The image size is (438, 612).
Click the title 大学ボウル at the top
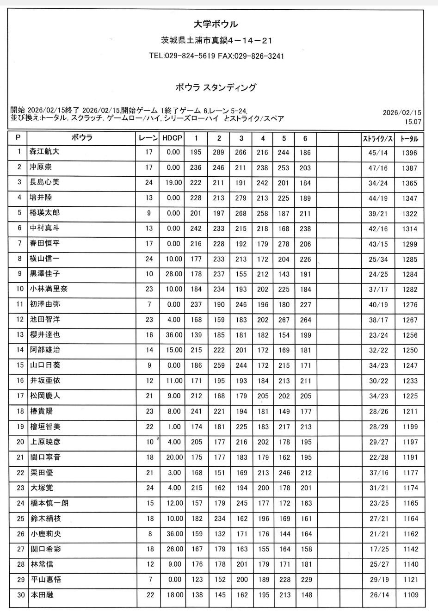tap(216, 25)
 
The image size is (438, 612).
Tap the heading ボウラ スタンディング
tap(216, 87)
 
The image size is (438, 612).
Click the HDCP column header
tap(173, 138)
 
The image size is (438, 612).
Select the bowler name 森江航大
tap(45, 152)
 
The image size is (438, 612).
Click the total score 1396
tap(409, 153)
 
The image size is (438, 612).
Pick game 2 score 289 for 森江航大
tap(219, 153)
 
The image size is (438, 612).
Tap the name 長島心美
tap(45, 182)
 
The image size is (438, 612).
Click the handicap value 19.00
tap(173, 183)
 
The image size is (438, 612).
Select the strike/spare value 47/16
tap(378, 168)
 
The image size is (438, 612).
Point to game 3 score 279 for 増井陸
tap(241, 198)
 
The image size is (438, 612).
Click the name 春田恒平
tap(45, 243)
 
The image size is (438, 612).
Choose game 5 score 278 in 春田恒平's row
tap(284, 244)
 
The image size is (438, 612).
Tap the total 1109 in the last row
tap(410, 595)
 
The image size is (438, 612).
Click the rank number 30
tap(20, 595)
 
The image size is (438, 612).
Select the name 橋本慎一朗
tap(49, 503)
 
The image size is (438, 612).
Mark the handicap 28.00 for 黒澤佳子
tap(173, 274)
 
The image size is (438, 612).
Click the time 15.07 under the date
tap(413, 122)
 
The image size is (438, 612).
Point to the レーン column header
tap(148, 138)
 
